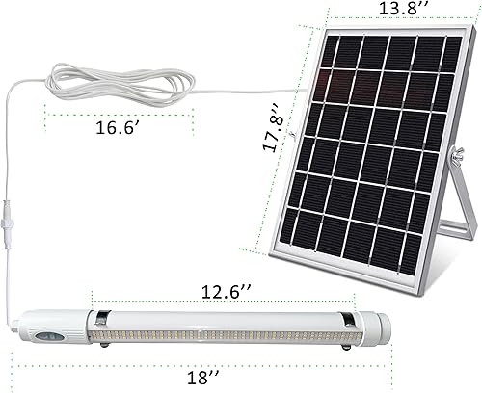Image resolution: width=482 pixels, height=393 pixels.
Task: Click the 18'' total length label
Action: pyautogui.click(x=201, y=378)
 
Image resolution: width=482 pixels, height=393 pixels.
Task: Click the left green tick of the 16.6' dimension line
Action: pyautogui.click(x=46, y=115)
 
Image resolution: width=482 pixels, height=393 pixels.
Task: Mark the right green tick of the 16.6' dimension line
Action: pyautogui.click(x=193, y=115)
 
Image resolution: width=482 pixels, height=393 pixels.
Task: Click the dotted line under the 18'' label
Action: pyautogui.click(x=201, y=363)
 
